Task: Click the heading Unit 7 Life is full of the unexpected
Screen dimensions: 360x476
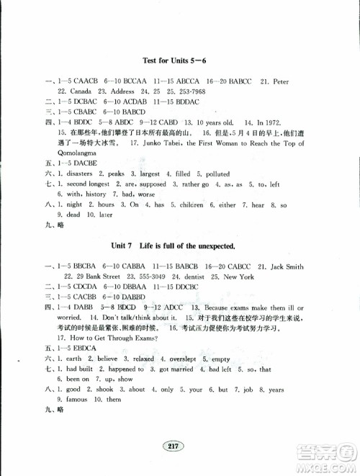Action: [179, 246]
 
